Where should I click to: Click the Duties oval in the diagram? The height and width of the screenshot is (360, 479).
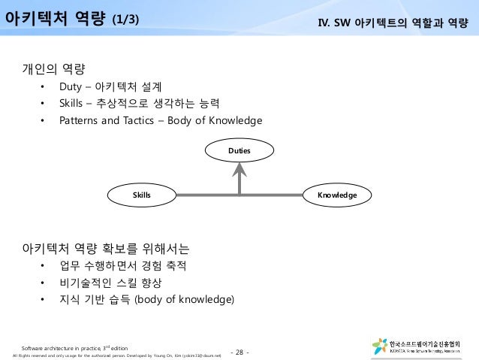239,152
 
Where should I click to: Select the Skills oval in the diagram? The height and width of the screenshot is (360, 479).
142,195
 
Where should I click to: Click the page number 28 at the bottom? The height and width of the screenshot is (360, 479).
241,352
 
